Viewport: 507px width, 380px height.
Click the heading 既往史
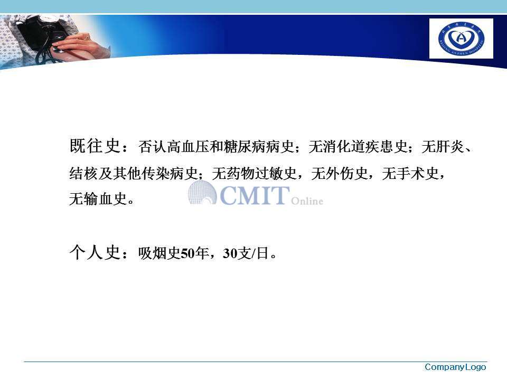[x=95, y=146]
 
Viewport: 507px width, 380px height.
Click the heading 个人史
[x=95, y=252]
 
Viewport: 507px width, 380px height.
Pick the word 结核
[x=83, y=174]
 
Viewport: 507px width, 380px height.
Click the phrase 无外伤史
[x=340, y=174]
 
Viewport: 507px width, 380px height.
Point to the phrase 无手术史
[x=410, y=174]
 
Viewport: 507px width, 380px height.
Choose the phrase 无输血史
[x=98, y=198]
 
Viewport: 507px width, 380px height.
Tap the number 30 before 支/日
[x=230, y=253]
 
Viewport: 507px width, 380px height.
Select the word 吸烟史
[x=159, y=253]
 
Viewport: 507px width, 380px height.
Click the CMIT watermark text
[x=255, y=195]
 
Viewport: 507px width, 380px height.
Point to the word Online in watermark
[x=307, y=201]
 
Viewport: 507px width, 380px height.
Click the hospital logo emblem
[x=461, y=38]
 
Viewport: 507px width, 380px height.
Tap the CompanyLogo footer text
[x=455, y=367]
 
